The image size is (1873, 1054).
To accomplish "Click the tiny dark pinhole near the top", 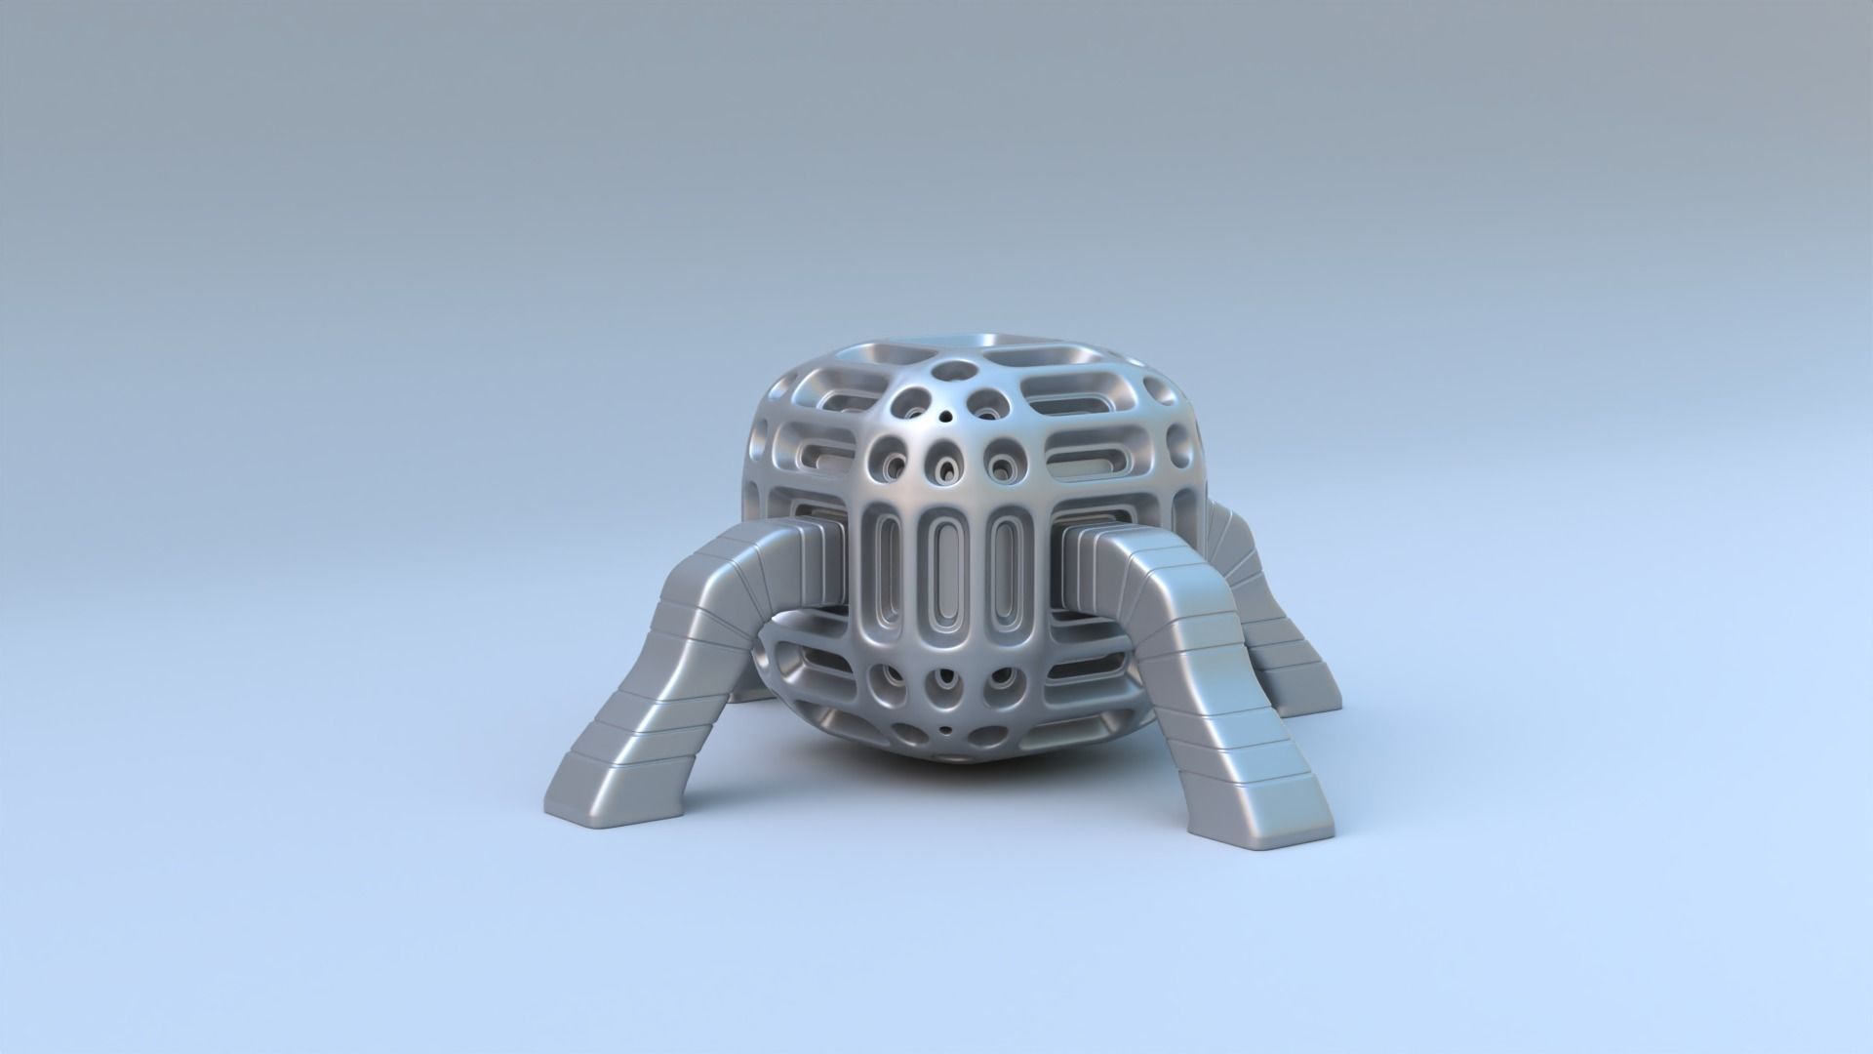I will pos(944,418).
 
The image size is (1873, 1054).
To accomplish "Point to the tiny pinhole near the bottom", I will pos(943,729).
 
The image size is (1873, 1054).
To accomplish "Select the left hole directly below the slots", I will pos(893,680).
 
